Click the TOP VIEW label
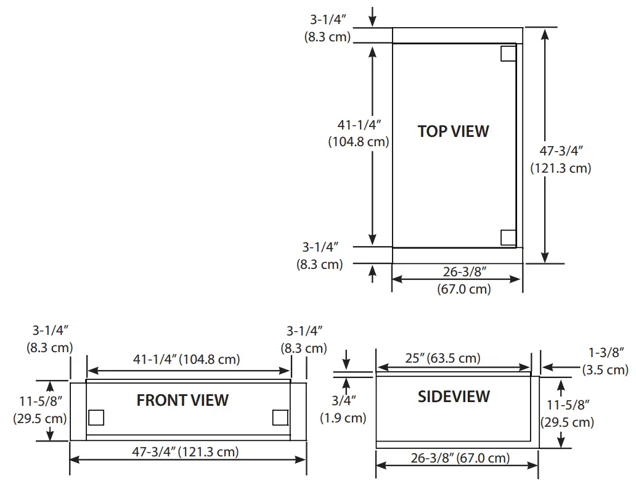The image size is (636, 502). (453, 131)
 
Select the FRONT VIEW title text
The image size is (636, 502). (182, 400)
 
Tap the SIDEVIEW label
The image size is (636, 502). (454, 397)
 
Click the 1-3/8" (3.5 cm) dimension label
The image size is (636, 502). (605, 362)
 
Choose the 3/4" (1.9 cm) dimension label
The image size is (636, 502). (343, 410)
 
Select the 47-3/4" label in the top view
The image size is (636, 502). (561, 159)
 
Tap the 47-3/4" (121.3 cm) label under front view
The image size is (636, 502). (185, 451)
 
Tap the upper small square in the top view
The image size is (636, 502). (508, 54)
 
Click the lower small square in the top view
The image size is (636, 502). (508, 237)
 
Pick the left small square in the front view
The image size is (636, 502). (96, 418)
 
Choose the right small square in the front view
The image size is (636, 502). (280, 418)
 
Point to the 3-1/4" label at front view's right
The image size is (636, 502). (304, 340)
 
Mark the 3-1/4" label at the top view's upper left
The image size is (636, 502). (327, 28)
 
